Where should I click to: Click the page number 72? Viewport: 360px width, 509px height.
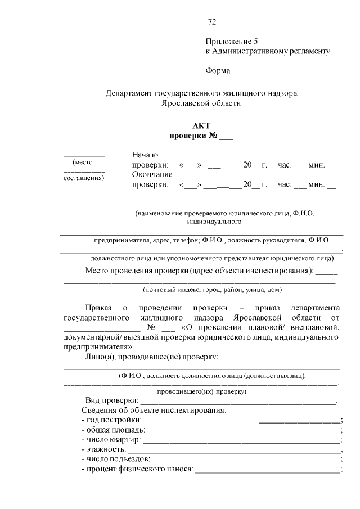pyautogui.click(x=212, y=22)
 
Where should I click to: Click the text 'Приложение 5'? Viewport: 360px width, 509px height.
pyautogui.click(x=231, y=41)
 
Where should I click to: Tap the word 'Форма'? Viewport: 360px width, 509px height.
pyautogui.click(x=217, y=71)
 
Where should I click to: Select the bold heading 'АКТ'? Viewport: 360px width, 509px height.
pyautogui.click(x=201, y=126)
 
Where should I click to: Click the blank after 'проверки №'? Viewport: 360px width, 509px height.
pyautogui.click(x=226, y=136)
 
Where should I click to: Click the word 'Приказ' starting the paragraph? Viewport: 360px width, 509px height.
pyautogui.click(x=98, y=308)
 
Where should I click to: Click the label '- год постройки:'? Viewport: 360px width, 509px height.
pyautogui.click(x=112, y=420)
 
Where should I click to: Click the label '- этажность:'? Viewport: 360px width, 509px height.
pyautogui.click(x=104, y=449)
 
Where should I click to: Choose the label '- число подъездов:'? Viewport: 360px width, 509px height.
pyautogui.click(x=116, y=460)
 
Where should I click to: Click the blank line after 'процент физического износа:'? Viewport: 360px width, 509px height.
pyautogui.click(x=267, y=470)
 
